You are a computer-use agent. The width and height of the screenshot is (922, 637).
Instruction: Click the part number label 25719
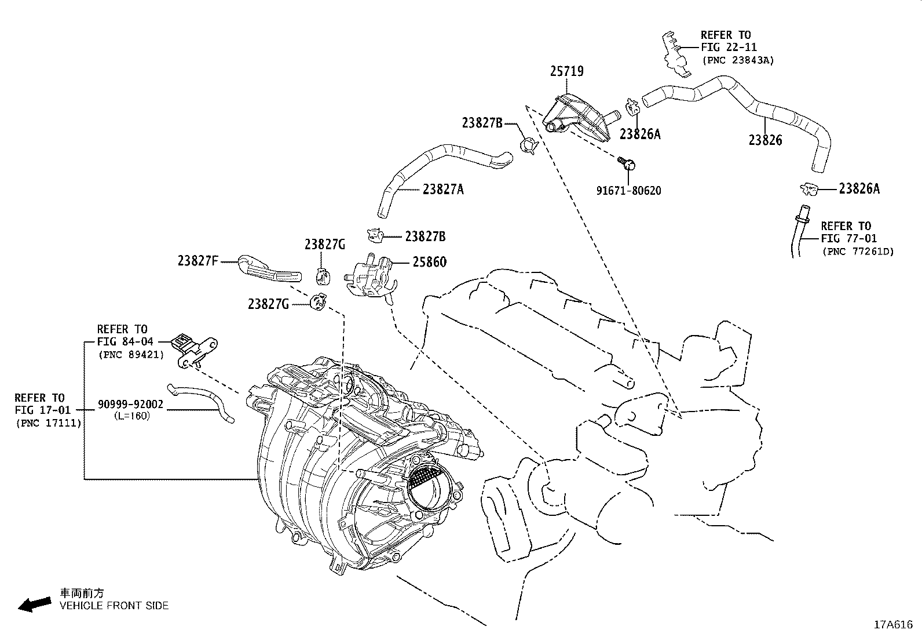pos(566,71)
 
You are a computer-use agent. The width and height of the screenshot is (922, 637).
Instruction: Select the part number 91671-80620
pos(628,191)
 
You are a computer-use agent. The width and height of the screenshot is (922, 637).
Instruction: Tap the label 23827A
pos(443,189)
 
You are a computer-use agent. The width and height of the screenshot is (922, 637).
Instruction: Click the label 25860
pos(429,262)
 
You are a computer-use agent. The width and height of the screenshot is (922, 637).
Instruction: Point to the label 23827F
pos(197,261)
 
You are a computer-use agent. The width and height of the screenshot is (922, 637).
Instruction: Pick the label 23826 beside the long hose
pos(765,140)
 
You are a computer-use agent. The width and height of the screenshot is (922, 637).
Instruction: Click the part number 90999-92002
pos(130,405)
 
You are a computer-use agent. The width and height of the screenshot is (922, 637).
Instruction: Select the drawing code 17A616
pos(893,624)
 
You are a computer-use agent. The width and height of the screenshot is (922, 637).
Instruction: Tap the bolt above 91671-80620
pos(626,163)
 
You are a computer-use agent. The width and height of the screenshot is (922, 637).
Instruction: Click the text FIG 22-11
pos(729,48)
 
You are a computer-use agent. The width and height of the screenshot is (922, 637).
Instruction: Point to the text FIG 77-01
pos(848,238)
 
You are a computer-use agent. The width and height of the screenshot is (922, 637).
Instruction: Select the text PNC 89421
pos(131,354)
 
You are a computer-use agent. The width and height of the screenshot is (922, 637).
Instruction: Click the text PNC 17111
pos(49,423)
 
